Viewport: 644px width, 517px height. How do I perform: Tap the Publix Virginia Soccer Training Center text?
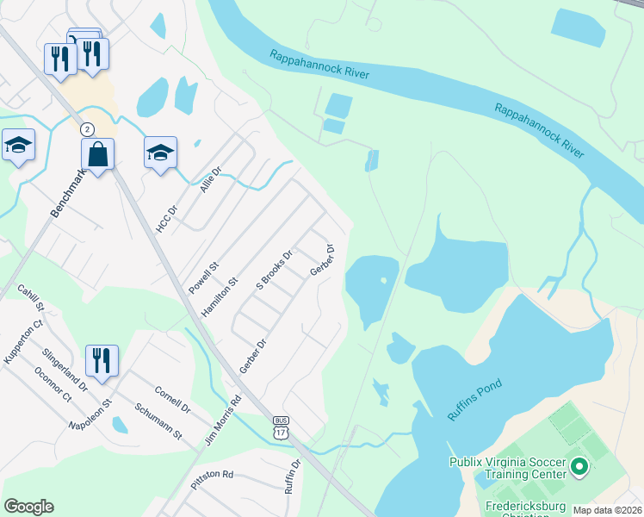[507, 467]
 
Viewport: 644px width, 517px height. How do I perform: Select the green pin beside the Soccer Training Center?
[579, 468]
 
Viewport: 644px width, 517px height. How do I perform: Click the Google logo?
[28, 507]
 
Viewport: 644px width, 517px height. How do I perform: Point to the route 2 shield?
[86, 128]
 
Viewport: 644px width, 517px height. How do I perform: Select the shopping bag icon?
[98, 155]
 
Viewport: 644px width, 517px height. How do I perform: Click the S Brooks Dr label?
[275, 270]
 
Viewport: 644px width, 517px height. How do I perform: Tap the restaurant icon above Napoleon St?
[102, 361]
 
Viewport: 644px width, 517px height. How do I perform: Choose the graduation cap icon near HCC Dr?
[160, 153]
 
